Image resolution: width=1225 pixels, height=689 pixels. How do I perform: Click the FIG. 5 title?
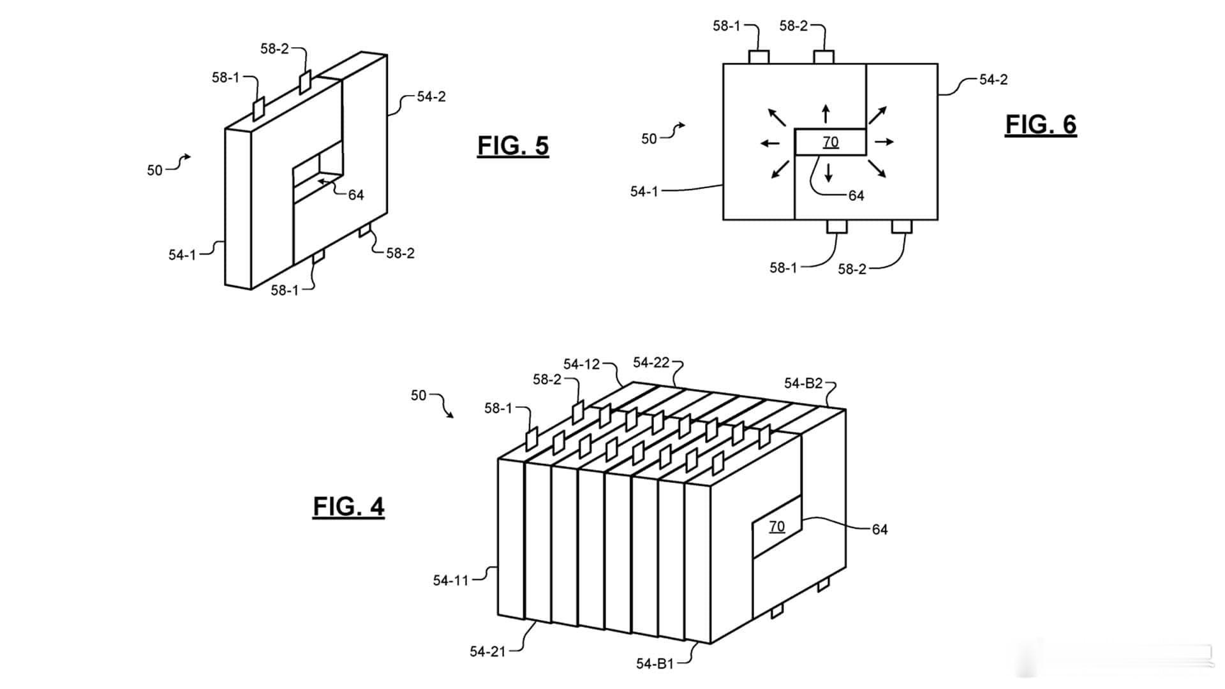point(513,146)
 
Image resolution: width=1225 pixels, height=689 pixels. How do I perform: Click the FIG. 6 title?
point(1041,124)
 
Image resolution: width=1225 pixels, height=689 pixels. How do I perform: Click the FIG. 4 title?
point(348,507)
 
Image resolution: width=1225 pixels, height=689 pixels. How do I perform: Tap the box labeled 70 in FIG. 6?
point(830,142)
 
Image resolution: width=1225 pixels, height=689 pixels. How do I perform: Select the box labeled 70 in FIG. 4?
point(776,526)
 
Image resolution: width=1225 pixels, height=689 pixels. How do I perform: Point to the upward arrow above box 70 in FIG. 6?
point(826,114)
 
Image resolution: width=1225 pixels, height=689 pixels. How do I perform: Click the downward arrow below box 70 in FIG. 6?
point(828,172)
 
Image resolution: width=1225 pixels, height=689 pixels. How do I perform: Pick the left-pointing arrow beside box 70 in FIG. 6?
point(770,143)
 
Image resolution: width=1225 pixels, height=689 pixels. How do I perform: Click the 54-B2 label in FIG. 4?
point(803,383)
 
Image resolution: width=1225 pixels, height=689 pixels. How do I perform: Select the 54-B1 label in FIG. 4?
point(655,663)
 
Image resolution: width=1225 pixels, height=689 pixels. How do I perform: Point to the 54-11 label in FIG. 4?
point(450,581)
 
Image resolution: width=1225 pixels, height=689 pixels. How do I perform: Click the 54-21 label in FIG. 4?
point(487,651)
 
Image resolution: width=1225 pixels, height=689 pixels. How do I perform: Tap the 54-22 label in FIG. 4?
point(651,362)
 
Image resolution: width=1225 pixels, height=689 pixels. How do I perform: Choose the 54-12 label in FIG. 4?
point(581,364)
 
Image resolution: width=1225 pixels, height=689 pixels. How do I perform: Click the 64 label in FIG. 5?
point(356,195)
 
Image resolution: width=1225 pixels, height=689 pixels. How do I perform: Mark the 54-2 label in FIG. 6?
point(993,80)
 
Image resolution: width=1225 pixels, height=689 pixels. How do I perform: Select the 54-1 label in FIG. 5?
point(182,255)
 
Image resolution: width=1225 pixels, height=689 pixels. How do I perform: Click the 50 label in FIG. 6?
point(649,139)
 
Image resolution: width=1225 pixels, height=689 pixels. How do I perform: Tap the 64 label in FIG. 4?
point(879,530)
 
